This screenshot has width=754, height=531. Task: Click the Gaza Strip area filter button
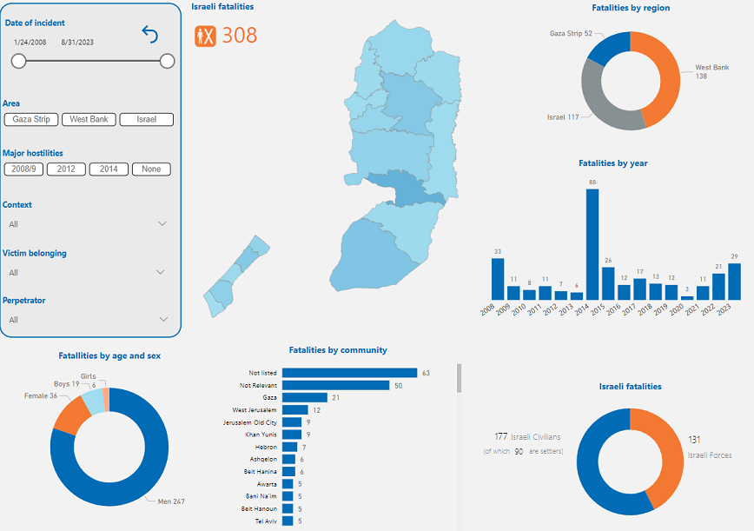(x=31, y=120)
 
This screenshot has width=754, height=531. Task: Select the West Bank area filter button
(x=89, y=120)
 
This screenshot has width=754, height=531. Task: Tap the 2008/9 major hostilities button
(x=23, y=169)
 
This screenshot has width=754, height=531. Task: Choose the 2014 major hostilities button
(x=109, y=169)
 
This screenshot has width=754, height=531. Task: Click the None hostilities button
(x=151, y=169)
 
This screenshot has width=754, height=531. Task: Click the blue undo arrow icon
(x=150, y=34)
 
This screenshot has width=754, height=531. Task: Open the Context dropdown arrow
(x=162, y=224)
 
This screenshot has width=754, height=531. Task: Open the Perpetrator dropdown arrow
(x=162, y=320)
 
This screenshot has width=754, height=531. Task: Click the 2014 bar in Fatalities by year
(x=592, y=244)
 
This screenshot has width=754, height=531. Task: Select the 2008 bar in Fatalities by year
(x=498, y=279)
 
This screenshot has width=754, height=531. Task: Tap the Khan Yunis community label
(x=261, y=434)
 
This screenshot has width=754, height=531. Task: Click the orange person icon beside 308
(x=205, y=36)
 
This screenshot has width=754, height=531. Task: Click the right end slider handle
(x=168, y=61)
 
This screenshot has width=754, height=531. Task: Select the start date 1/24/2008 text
(x=30, y=42)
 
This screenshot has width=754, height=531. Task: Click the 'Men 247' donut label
(x=171, y=501)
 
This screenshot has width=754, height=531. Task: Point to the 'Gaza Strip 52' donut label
(x=571, y=33)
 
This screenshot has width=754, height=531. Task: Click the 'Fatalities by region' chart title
(x=631, y=8)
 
